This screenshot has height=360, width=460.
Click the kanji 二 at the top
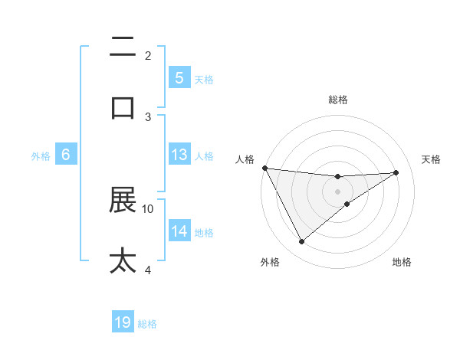tap(123, 47)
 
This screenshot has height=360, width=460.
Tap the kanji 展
tap(123, 201)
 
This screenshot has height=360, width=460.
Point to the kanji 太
tap(123, 260)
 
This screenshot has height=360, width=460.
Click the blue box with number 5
tap(179, 78)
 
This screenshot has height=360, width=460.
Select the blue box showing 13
tap(179, 155)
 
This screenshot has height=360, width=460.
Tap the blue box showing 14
tap(179, 231)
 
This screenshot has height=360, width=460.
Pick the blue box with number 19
tap(123, 323)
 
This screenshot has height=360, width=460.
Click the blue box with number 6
tap(66, 155)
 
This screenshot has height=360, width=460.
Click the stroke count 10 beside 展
tap(148, 208)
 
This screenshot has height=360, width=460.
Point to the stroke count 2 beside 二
tap(148, 55)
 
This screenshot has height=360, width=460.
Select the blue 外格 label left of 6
tap(41, 155)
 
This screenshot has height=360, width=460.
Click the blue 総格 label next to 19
tap(147, 324)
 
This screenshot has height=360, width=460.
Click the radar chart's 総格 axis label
tap(338, 100)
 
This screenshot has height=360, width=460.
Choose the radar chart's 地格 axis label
tap(402, 263)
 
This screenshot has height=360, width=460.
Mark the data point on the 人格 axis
tap(264, 168)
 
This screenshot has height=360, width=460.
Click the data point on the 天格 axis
tap(396, 172)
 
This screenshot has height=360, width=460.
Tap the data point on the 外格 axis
tap(301, 242)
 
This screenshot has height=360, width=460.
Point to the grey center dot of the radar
tap(338, 191)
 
